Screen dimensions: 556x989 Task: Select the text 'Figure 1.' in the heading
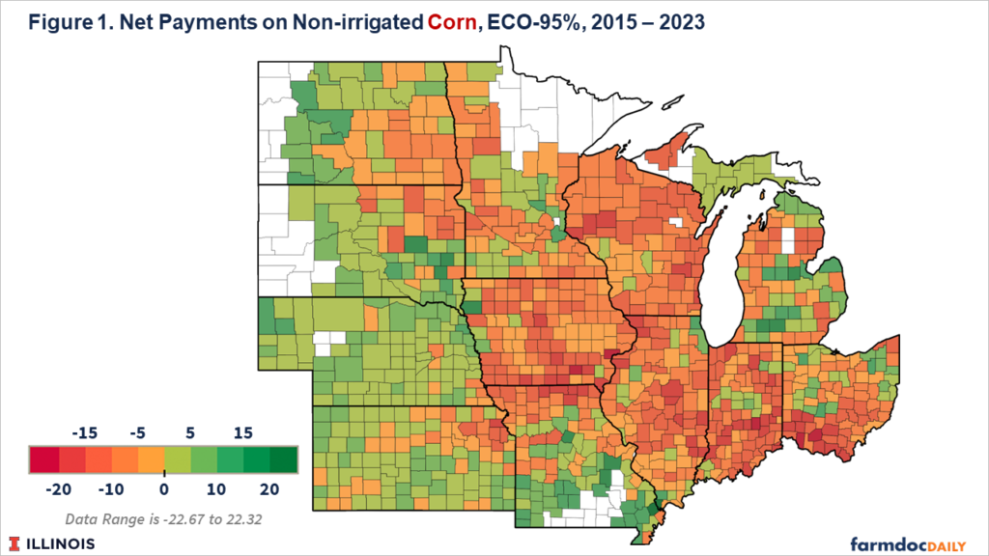pyautogui.click(x=56, y=22)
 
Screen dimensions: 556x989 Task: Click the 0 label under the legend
pyautogui.click(x=163, y=488)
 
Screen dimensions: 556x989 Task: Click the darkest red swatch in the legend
pyautogui.click(x=42, y=459)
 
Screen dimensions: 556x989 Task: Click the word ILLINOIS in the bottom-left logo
pyautogui.click(x=61, y=543)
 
